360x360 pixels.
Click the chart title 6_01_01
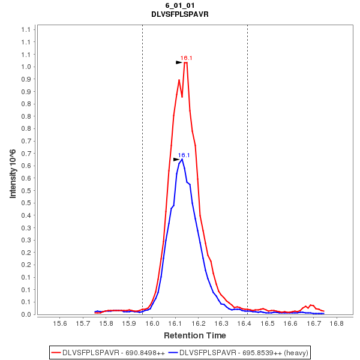click(x=180, y=5)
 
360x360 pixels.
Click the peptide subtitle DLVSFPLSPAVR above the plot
click(x=180, y=14)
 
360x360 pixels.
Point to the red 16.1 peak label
click(x=187, y=58)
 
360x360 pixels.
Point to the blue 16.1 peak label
click(x=184, y=155)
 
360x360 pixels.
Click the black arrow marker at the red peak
click(x=179, y=62)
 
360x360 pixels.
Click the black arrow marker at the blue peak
click(x=176, y=160)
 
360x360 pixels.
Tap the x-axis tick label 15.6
click(x=60, y=323)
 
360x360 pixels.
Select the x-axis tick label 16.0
click(x=152, y=323)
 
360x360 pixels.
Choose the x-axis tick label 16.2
click(x=199, y=323)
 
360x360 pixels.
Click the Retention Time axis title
click(x=195, y=335)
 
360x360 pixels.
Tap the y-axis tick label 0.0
click(x=26, y=314)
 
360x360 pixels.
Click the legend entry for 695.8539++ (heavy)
click(x=238, y=352)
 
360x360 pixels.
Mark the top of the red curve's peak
click(x=186, y=62)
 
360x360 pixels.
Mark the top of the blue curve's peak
click(x=182, y=160)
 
